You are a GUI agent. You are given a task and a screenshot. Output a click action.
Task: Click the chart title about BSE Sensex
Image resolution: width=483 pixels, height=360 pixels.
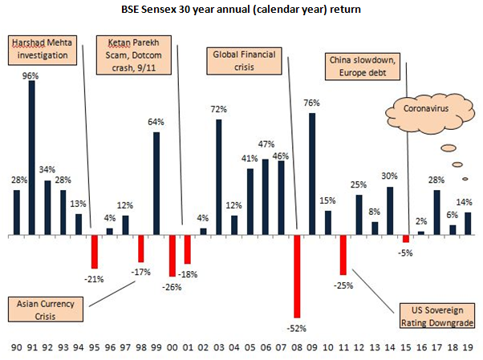point(241,10)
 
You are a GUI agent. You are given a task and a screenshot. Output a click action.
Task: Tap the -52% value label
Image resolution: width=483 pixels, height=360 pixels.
point(297,328)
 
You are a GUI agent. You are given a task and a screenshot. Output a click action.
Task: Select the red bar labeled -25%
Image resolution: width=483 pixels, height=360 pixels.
point(343,255)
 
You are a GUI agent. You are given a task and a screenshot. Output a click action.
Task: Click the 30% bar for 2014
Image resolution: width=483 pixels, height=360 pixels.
point(390,211)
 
